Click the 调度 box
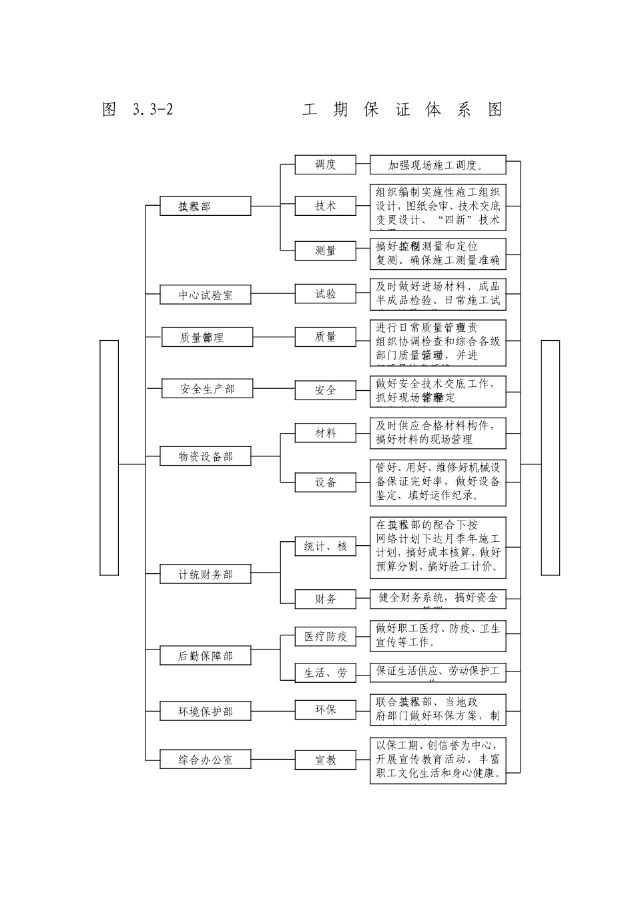click(x=326, y=164)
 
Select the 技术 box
click(x=326, y=206)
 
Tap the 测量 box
click(x=326, y=251)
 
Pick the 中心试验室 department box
click(x=206, y=295)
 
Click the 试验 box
click(x=326, y=294)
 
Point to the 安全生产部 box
click(x=207, y=388)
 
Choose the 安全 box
click(x=326, y=390)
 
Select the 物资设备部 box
click(x=206, y=456)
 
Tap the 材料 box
click(x=326, y=433)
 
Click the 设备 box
click(x=326, y=482)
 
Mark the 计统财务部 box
click(x=206, y=574)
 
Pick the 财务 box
click(x=326, y=599)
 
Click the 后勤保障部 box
click(x=206, y=655)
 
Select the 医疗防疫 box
click(x=326, y=636)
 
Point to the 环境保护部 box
click(x=206, y=711)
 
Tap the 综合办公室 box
click(x=206, y=760)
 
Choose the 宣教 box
click(x=326, y=760)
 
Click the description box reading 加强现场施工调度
click(x=438, y=165)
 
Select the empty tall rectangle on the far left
click(x=109, y=457)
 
